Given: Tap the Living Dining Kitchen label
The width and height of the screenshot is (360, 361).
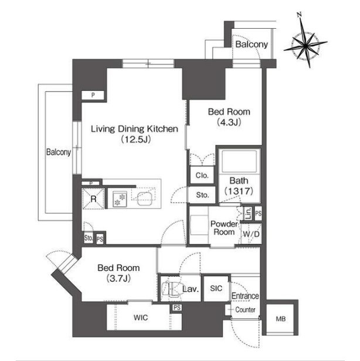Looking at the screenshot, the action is pyautogui.click(x=134, y=129).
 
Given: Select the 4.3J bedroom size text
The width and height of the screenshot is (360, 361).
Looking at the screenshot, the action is pyautogui.click(x=229, y=122).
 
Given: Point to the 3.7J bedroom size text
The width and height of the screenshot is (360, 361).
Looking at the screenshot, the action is pyautogui.click(x=118, y=278).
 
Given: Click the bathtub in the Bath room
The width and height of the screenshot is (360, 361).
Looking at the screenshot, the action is pyautogui.click(x=239, y=161).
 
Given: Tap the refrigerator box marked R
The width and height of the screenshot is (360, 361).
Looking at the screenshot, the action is pyautogui.click(x=93, y=199).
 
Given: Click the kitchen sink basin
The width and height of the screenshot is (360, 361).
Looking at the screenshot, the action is pyautogui.click(x=144, y=199).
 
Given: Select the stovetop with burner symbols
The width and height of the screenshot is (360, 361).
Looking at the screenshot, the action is pyautogui.click(x=120, y=199).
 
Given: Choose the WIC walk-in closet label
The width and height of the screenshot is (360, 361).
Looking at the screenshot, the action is pyautogui.click(x=141, y=318).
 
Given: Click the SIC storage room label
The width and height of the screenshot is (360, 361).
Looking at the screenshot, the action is pyautogui.click(x=216, y=288).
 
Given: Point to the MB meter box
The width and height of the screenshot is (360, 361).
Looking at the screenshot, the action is pyautogui.click(x=281, y=319).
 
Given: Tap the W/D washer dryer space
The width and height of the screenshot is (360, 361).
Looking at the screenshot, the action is pyautogui.click(x=252, y=234).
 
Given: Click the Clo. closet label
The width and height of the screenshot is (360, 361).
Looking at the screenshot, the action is pyautogui.click(x=202, y=175).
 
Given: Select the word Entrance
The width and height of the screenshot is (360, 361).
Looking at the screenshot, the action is pyautogui.click(x=245, y=296).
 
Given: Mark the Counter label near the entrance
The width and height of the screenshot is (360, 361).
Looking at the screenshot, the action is pyautogui.click(x=245, y=310).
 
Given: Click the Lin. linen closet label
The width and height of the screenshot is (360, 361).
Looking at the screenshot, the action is pyautogui.click(x=248, y=213).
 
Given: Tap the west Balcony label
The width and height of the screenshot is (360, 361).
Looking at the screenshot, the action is pyautogui.click(x=59, y=152).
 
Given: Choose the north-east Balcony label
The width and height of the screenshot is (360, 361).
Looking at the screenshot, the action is pyautogui.click(x=252, y=44).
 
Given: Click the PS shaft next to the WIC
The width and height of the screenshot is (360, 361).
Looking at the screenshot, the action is pyautogui.click(x=176, y=308).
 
